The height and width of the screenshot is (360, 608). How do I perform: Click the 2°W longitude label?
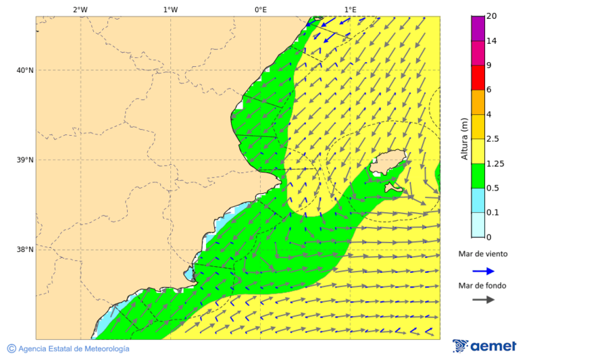pos(80,9)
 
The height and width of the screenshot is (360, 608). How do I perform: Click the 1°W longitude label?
pos(170,9)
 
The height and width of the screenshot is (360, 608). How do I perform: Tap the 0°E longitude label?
pos(260,9)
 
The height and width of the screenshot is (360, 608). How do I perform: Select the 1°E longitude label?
pos(350,9)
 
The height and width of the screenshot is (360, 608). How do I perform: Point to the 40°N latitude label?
pos(24,70)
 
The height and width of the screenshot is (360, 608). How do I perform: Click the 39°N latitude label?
pos(24,160)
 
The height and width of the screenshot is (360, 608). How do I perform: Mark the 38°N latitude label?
pos(24,250)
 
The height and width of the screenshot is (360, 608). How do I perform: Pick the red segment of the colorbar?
pos(478,77)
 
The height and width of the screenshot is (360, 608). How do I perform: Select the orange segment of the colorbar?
pos(478,102)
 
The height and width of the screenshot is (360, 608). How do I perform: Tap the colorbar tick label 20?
pos(492,16)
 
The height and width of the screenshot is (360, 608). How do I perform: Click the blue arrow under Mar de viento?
pos(484,271)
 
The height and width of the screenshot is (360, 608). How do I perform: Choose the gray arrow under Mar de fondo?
pos(484,300)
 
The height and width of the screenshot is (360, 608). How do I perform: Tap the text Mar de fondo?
pos(482,286)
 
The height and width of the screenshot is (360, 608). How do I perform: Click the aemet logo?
pos(484,346)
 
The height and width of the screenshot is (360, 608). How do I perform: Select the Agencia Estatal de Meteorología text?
pos(74,349)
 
